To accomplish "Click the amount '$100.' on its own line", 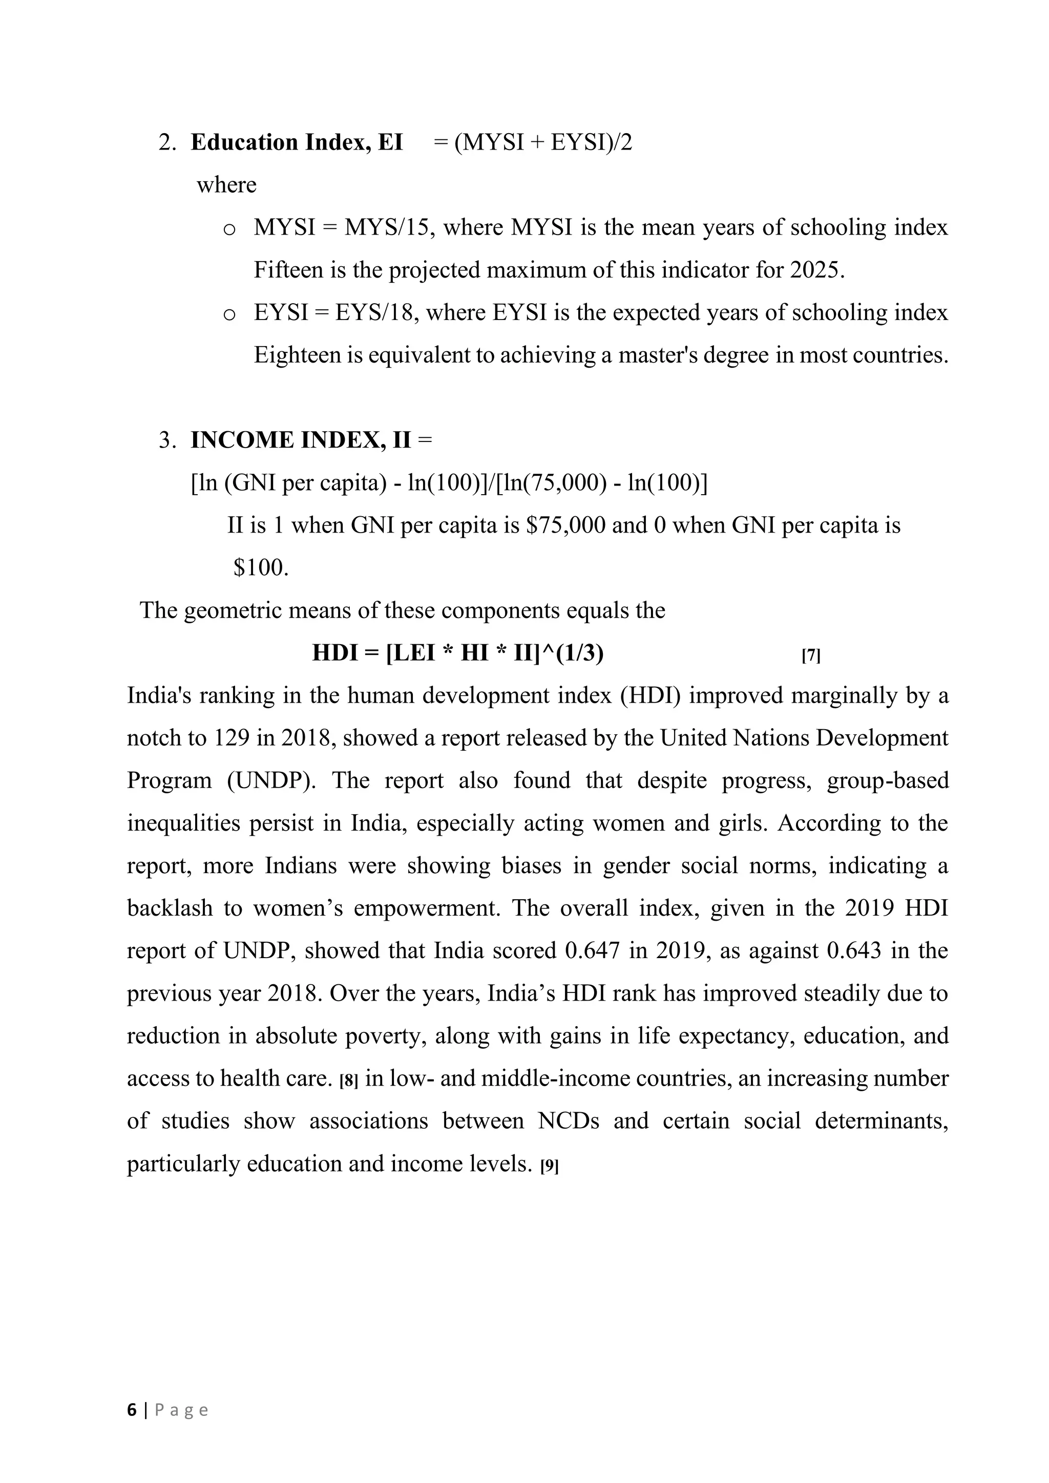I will [261, 568].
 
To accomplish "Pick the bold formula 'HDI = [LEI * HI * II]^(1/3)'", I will [457, 653].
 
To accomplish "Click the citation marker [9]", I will [549, 1166].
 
